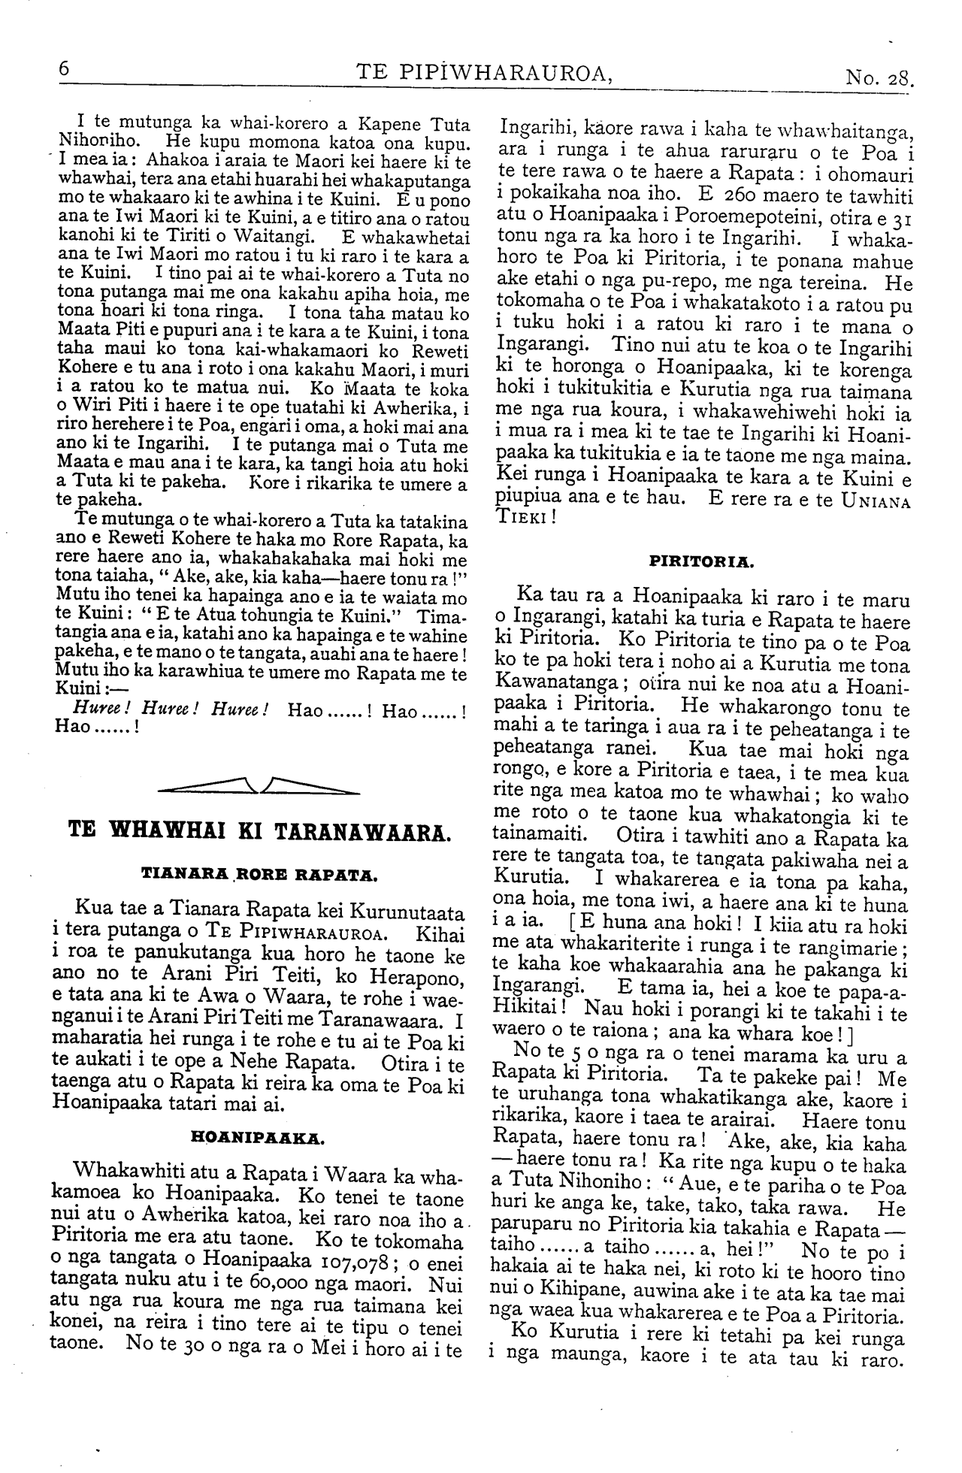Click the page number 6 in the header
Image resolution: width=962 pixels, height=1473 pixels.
(x=64, y=69)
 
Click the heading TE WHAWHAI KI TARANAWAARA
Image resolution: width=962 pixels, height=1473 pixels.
(x=259, y=832)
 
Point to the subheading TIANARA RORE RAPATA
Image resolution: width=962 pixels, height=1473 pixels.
(x=259, y=874)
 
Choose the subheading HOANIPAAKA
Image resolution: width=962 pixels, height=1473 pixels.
(x=259, y=1138)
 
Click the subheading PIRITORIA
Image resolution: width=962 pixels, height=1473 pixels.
(x=703, y=561)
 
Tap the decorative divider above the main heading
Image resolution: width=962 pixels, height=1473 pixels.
(x=259, y=787)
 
